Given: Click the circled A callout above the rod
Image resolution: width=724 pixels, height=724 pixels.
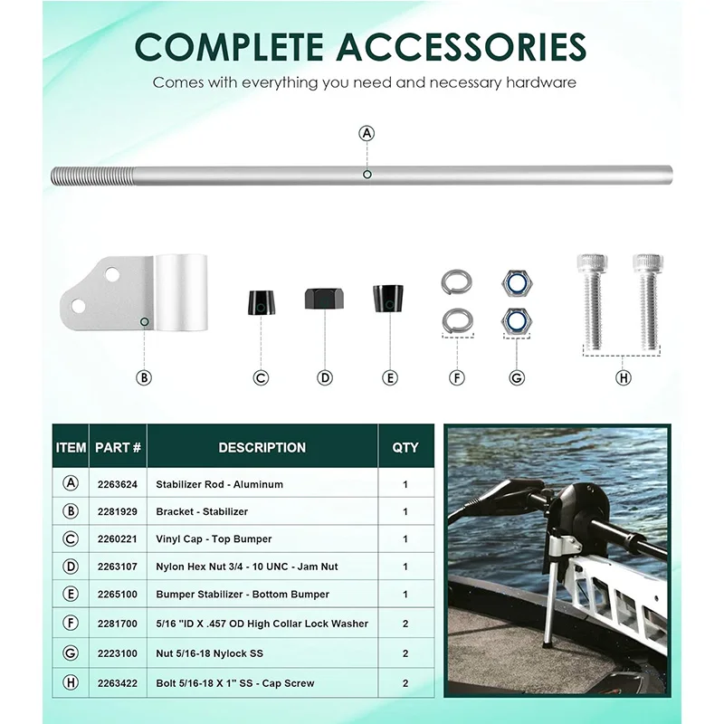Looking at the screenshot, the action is [367, 133].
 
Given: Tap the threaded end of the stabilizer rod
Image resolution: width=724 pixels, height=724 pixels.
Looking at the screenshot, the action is [93, 176].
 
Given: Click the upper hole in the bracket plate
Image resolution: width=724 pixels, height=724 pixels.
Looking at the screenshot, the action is [112, 275].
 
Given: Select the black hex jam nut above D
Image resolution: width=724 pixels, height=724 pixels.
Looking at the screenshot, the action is [324, 299].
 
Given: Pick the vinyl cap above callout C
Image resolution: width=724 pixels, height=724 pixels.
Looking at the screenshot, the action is [261, 303].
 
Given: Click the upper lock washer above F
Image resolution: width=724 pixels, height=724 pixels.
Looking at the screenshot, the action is [457, 281].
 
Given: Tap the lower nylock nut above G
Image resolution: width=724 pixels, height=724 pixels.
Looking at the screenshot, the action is [517, 321].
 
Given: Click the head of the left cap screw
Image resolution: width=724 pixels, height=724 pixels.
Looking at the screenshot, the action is [592, 263].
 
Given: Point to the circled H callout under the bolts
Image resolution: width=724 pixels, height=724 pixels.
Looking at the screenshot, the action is [623, 377].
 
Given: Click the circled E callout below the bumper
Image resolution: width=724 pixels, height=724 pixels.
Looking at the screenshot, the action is [390, 377].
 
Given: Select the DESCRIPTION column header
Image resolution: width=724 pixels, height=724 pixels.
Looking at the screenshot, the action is [262, 447].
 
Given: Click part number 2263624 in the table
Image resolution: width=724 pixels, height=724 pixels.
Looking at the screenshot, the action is [118, 484].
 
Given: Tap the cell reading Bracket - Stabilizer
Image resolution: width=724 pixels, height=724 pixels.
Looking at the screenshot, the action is [202, 511].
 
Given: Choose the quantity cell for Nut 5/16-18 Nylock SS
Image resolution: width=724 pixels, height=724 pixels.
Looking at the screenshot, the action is [405, 653].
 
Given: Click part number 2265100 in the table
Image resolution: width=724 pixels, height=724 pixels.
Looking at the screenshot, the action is [118, 595].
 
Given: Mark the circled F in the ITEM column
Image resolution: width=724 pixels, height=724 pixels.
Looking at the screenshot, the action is [71, 623].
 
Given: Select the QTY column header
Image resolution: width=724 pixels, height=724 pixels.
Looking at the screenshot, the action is [405, 447].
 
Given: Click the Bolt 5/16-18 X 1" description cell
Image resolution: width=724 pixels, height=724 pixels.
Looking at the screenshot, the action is [235, 683].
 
